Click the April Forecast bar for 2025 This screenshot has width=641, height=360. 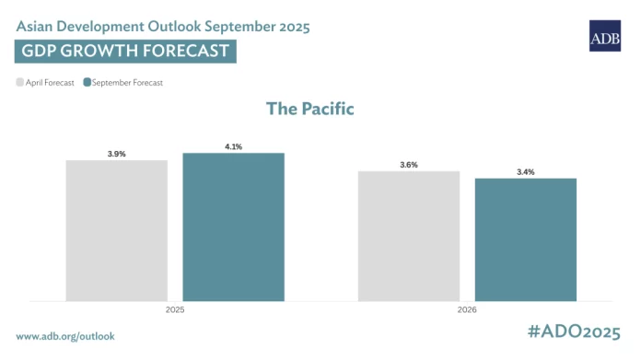coord(117,230)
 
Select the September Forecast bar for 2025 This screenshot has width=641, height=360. coord(233,226)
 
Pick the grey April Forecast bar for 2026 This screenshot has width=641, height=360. coord(409,236)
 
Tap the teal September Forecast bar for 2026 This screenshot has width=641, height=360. coord(525,239)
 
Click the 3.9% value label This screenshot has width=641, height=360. coord(117,154)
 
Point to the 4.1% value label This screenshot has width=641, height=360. coord(233,146)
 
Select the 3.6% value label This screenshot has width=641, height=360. coord(409,165)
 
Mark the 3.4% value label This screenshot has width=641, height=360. coord(525,172)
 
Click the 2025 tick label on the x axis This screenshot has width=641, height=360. coord(175,311)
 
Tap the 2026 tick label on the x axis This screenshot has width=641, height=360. coord(467,311)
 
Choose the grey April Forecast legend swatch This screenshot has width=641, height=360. coord(20,83)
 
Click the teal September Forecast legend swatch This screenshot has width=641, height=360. coord(87,83)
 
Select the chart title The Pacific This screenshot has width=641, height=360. coord(310,109)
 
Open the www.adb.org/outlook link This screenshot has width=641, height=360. coord(65,336)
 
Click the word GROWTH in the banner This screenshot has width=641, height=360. coord(102,51)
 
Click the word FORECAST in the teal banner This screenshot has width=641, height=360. coord(184,51)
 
